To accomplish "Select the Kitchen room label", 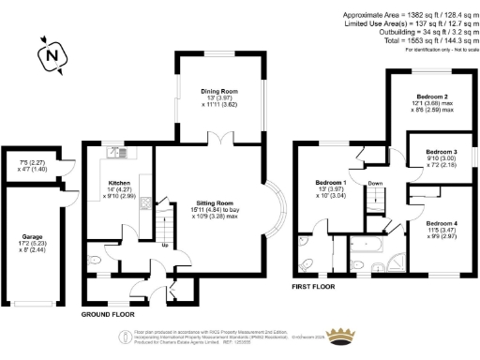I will [x=118, y=184].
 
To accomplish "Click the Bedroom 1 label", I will [x=331, y=182].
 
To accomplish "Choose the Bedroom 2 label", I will [x=432, y=97].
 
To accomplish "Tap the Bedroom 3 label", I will [x=441, y=151].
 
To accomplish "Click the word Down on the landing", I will [x=374, y=184].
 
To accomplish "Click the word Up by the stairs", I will [x=166, y=247].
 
